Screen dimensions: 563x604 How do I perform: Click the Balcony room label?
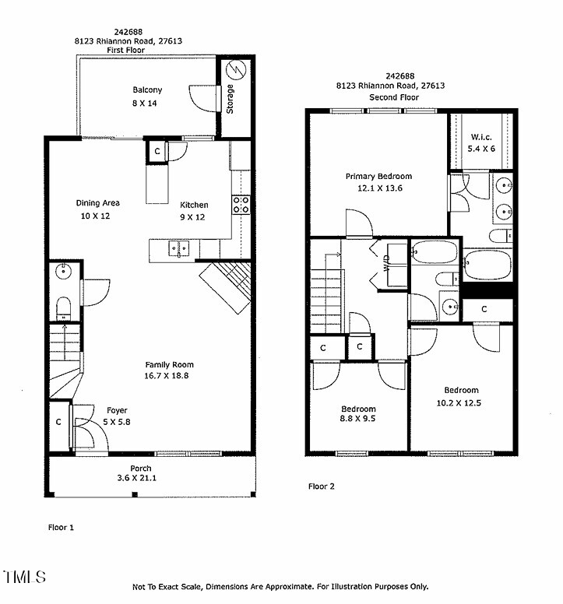pyautogui.click(x=147, y=90)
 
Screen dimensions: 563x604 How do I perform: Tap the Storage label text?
pyautogui.click(x=230, y=99)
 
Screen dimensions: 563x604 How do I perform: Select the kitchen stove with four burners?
pyautogui.click(x=241, y=205)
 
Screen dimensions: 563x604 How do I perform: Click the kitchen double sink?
pyautogui.click(x=179, y=248)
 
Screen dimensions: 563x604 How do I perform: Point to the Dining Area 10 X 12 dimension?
pyautogui.click(x=95, y=216)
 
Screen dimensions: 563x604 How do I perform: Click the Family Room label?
pyautogui.click(x=169, y=365)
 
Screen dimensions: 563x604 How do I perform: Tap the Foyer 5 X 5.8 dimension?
pyautogui.click(x=117, y=422)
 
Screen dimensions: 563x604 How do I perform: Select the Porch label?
pyautogui.click(x=141, y=469)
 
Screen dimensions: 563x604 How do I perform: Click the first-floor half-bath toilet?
pyautogui.click(x=64, y=307)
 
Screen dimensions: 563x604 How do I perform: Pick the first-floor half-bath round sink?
pyautogui.click(x=63, y=272)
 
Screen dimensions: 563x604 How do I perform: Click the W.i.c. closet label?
pyautogui.click(x=481, y=137)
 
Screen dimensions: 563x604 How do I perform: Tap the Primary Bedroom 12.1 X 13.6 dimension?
pyautogui.click(x=380, y=188)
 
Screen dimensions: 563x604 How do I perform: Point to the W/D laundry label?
pyautogui.click(x=387, y=262)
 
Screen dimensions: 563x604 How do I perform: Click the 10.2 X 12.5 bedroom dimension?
pyautogui.click(x=459, y=403)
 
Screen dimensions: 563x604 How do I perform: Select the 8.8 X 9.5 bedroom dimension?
pyautogui.click(x=357, y=419)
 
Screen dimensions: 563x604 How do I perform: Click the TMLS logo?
pyautogui.click(x=25, y=577)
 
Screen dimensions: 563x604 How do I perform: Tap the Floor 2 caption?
pyautogui.click(x=322, y=486)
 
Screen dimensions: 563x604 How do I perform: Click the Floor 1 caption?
pyautogui.click(x=61, y=528)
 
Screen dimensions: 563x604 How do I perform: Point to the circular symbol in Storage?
pyautogui.click(x=236, y=70)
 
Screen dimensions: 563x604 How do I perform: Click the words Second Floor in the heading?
pyautogui.click(x=394, y=97)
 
